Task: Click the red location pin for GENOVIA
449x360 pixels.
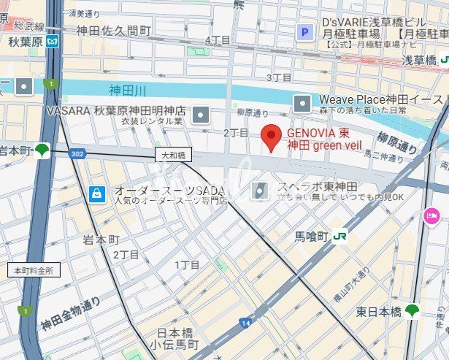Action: tap(272, 137)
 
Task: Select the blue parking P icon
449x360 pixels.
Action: tap(304, 31)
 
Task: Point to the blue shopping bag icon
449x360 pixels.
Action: tap(96, 194)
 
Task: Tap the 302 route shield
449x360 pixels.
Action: tap(78, 153)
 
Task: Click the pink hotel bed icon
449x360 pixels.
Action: tap(431, 215)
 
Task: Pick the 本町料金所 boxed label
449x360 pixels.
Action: tap(34, 269)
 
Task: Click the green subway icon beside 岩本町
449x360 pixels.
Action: tap(43, 150)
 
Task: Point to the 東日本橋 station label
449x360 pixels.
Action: tap(379, 311)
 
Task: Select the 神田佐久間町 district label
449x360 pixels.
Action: tap(113, 31)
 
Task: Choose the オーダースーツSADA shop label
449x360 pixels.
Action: tap(168, 191)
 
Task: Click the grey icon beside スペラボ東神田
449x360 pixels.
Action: tap(260, 191)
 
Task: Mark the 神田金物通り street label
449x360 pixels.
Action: tap(71, 313)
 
